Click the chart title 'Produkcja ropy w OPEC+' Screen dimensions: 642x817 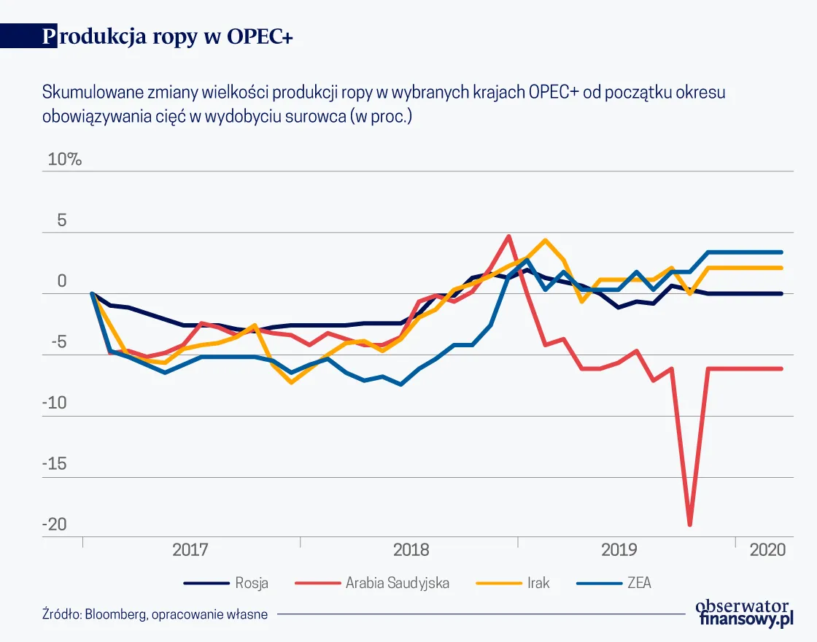[168, 37]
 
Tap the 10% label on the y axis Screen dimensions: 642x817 [65, 159]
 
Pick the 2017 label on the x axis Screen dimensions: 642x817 [190, 549]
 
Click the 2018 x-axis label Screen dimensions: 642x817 [411, 549]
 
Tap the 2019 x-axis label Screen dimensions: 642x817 [619, 549]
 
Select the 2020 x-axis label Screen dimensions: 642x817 [767, 549]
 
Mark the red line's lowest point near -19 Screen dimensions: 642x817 [689, 524]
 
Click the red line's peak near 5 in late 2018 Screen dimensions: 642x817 [508, 236]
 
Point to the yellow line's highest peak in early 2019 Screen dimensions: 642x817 [545, 240]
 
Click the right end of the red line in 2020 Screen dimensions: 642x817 [782, 368]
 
